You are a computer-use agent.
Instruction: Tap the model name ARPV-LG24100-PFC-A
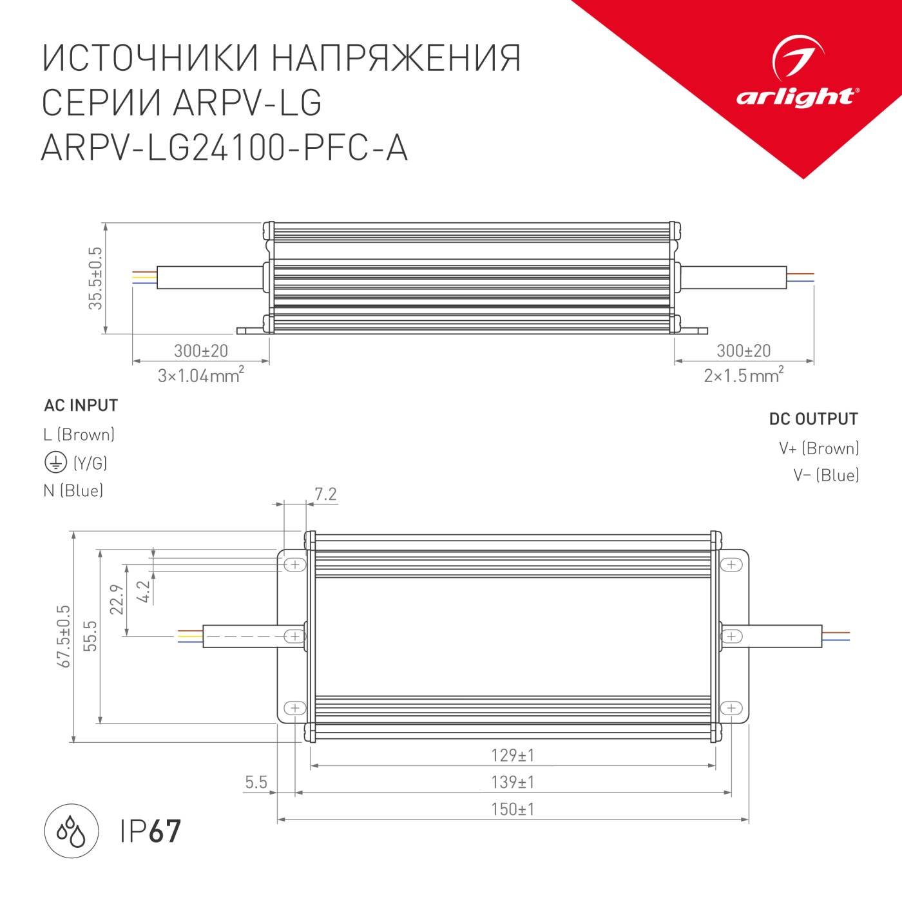[224, 148]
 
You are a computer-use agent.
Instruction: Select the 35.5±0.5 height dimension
[95, 278]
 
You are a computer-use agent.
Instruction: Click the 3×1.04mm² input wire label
[200, 374]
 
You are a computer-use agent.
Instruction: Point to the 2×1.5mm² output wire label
[744, 374]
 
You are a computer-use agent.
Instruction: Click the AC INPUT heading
[81, 405]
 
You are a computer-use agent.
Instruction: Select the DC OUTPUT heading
[813, 419]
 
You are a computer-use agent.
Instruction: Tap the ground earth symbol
[55, 463]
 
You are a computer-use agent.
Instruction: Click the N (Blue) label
[73, 490]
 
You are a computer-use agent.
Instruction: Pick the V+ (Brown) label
[819, 448]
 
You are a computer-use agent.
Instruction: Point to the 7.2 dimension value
[325, 494]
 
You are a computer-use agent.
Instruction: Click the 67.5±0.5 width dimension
[64, 636]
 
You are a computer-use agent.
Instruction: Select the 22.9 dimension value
[117, 599]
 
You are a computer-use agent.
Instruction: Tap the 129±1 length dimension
[512, 754]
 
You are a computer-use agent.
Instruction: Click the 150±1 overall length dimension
[512, 809]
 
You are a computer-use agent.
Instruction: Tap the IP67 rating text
[151, 830]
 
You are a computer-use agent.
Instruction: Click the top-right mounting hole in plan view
[731, 564]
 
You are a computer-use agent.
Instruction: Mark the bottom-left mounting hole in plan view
[294, 707]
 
